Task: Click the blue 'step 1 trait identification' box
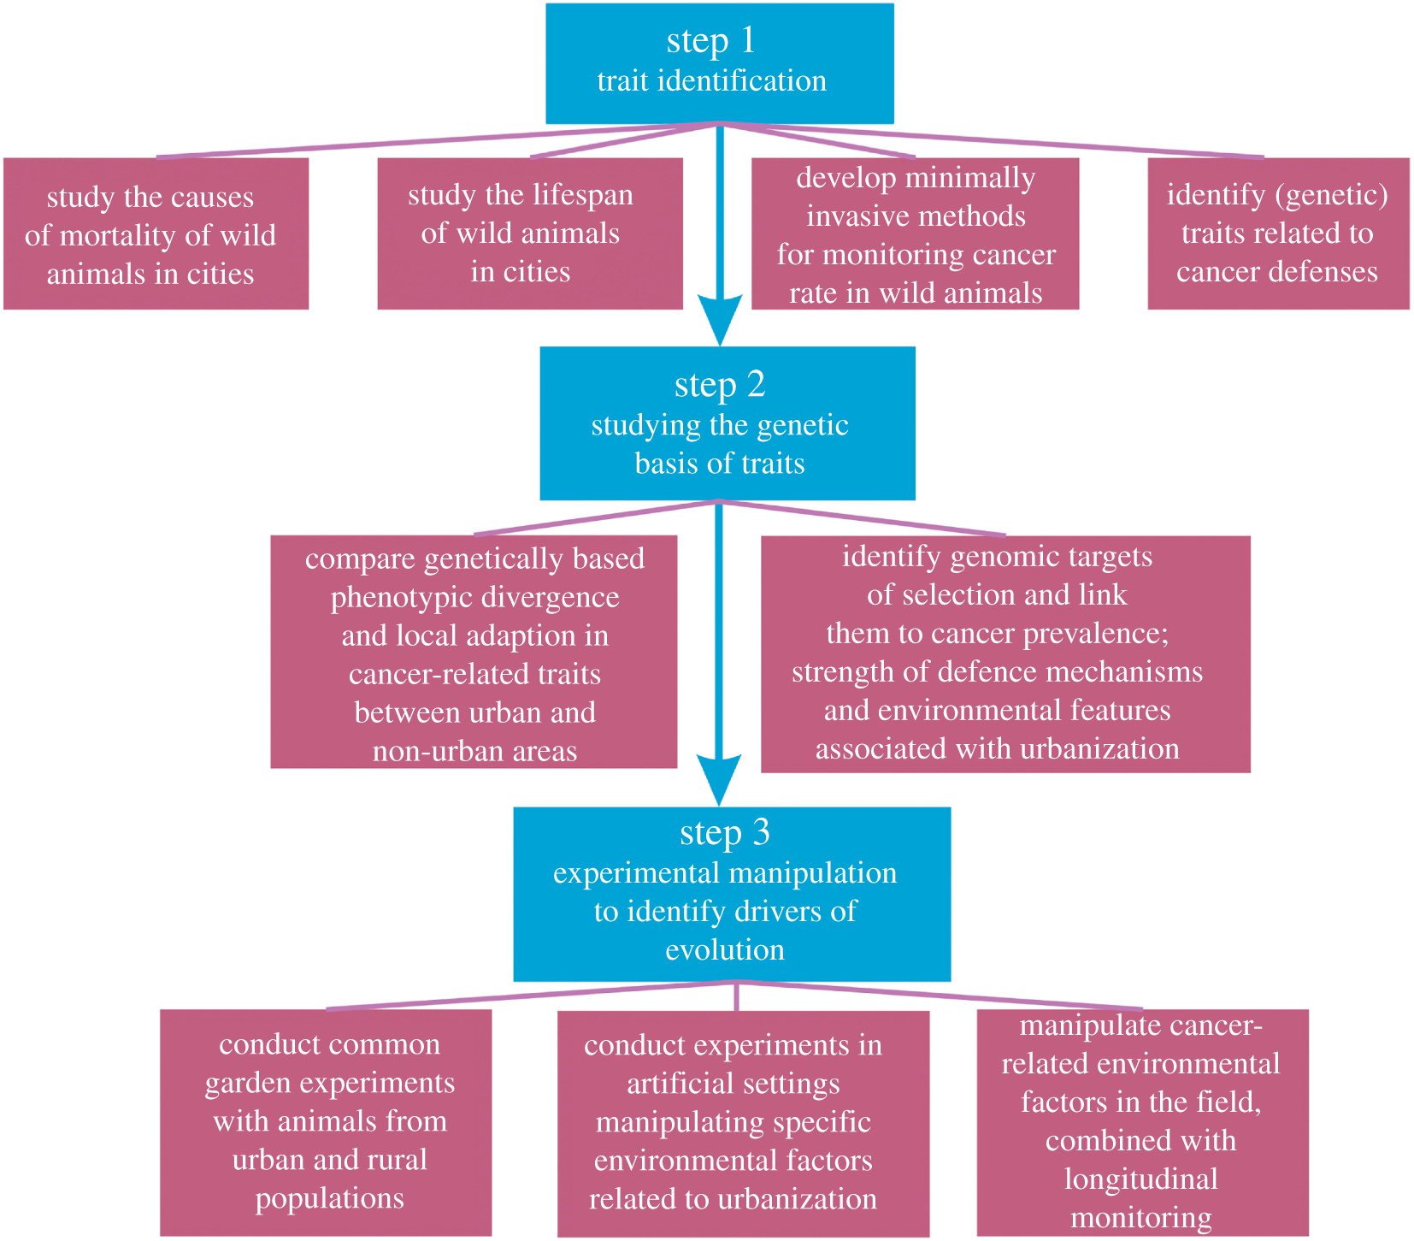(x=719, y=63)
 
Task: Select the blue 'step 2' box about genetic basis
(x=727, y=423)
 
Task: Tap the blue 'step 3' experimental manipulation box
(x=731, y=894)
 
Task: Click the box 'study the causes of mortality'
(x=156, y=233)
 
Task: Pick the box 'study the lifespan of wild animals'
(x=529, y=233)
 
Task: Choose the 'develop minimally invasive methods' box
(x=915, y=233)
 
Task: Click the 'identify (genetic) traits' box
(x=1277, y=233)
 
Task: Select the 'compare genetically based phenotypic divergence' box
(x=474, y=652)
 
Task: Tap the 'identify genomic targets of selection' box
(x=1005, y=653)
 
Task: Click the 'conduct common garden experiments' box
(x=326, y=1121)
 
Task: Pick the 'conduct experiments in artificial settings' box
(x=742, y=1123)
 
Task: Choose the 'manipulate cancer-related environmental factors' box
(x=1141, y=1121)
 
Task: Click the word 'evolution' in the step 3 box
(x=725, y=949)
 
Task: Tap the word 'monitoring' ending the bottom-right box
(x=1141, y=1217)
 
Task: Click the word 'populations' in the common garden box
(x=329, y=1198)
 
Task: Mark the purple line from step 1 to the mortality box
(x=427, y=141)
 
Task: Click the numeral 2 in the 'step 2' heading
(x=756, y=385)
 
